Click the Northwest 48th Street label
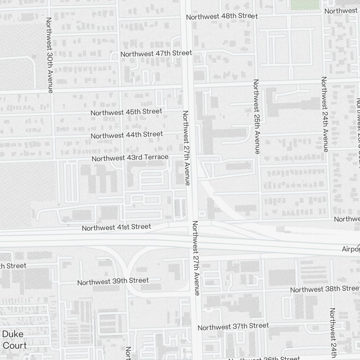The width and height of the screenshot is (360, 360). click(222, 17)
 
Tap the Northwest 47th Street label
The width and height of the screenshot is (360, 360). click(156, 53)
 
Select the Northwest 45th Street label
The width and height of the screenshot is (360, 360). click(126, 112)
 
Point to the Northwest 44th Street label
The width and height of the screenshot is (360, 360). click(127, 135)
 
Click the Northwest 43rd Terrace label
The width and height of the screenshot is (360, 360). click(130, 158)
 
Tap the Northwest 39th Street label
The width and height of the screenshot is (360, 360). click(113, 281)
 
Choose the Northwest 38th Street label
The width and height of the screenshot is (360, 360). click(325, 289)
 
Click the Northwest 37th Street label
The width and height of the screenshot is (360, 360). click(233, 327)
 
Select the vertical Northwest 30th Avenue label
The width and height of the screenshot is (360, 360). click(50, 55)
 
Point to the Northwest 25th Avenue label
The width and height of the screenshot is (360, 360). click(256, 117)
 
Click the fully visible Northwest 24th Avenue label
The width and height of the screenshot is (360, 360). click(325, 114)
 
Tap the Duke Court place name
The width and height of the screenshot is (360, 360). click(14, 340)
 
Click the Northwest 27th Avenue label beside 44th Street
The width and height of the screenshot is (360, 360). click(186, 148)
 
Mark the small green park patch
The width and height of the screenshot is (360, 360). click(305, 4)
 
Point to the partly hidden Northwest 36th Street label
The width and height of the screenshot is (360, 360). click(269, 358)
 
